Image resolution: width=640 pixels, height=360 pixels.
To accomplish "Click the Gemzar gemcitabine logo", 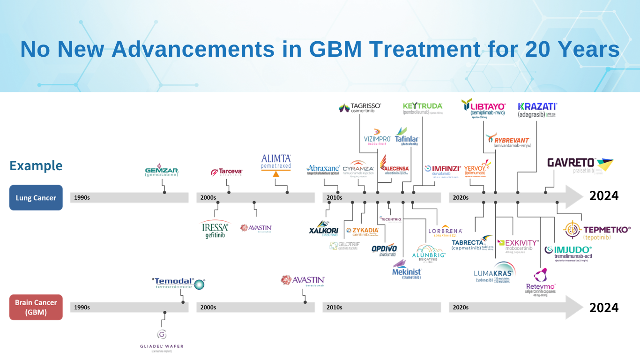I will pos(162,171).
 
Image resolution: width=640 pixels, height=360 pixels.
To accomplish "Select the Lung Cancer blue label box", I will pos(36,197).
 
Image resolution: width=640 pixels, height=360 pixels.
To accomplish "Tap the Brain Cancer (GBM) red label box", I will pos(36,307).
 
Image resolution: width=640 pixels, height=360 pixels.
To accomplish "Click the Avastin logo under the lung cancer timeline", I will pos(256,228).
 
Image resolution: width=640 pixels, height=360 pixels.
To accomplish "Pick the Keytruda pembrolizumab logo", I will pos(423,108).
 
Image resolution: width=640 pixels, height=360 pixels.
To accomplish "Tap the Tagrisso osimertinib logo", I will pos(360,108).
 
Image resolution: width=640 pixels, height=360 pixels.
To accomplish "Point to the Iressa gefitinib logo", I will pos(215,229).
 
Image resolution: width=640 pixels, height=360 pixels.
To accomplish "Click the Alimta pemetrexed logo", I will pos(276,165).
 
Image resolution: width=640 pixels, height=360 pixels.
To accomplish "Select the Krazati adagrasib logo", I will pos(537,110).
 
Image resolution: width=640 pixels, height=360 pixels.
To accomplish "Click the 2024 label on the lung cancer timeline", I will pos(603,196).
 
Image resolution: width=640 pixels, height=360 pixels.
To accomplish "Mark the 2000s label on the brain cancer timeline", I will pos(208,307).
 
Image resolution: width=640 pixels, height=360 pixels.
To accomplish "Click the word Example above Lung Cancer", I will pos(36,166).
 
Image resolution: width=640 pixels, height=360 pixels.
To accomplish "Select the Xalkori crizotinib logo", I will pos(324,228).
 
